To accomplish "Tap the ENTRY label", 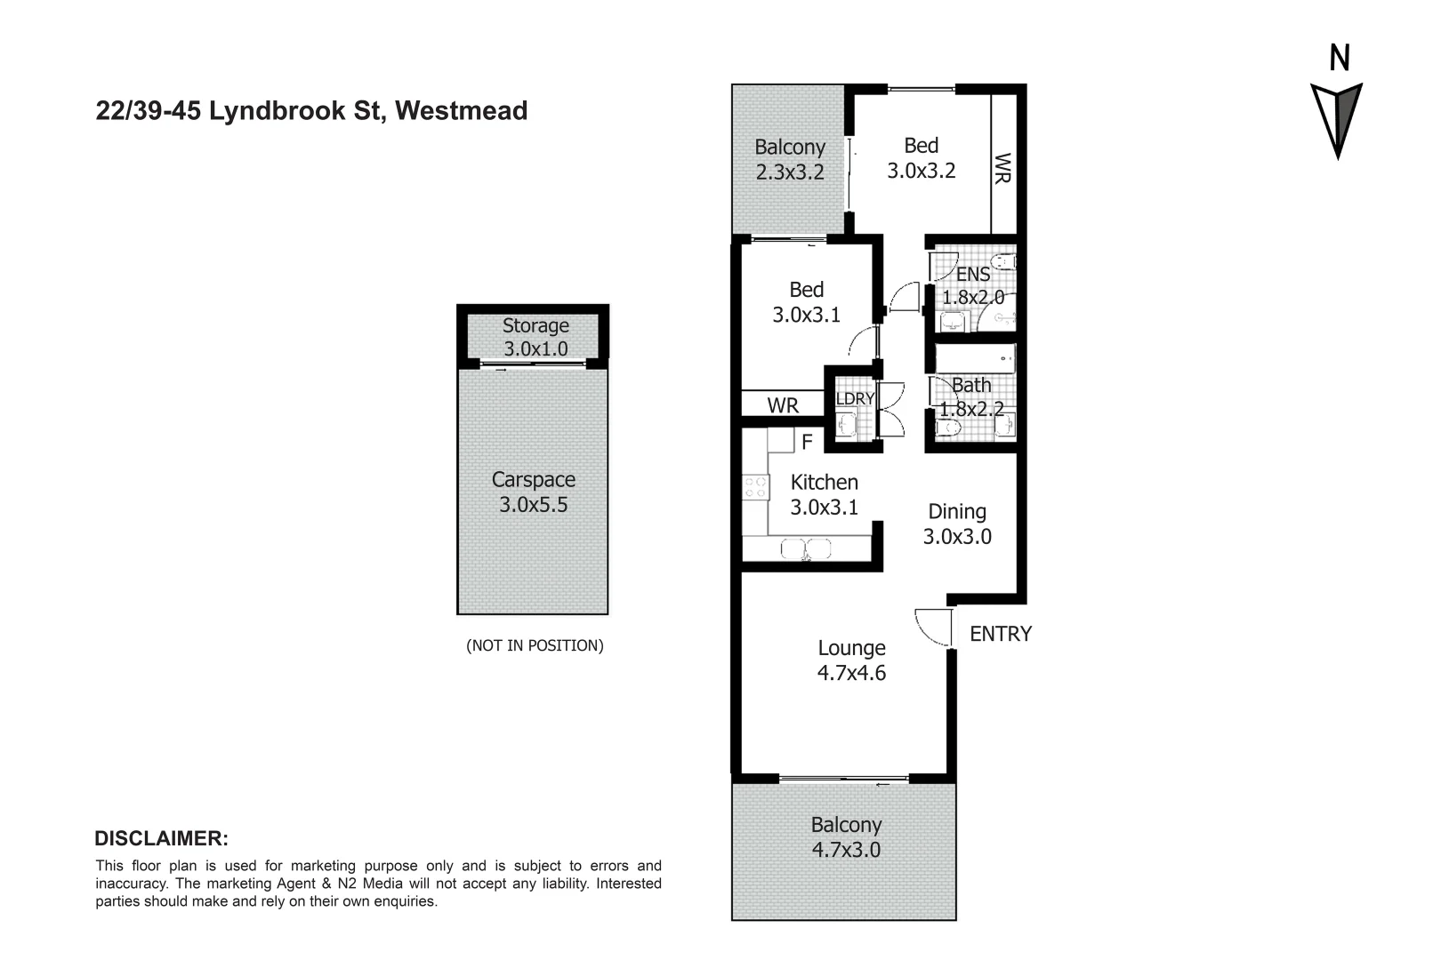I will (1000, 634).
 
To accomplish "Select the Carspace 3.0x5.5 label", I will (533, 492).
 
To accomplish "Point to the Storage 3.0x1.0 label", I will (535, 337).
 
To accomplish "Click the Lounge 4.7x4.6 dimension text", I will (851, 660).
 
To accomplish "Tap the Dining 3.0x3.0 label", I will (957, 524).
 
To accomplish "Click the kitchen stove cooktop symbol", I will (755, 486).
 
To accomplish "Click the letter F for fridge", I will (807, 441).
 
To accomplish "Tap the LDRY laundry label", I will (855, 399).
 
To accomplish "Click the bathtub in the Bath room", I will (974, 359).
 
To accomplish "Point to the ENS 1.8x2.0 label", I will (973, 285).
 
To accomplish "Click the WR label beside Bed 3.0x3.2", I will (1003, 168).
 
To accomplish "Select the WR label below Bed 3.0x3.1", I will (783, 405).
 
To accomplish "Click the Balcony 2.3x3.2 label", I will (790, 159).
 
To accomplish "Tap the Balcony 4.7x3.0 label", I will (846, 837).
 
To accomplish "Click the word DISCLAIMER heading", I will (161, 838).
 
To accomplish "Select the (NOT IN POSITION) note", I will (535, 645).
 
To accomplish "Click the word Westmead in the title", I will (461, 110).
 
